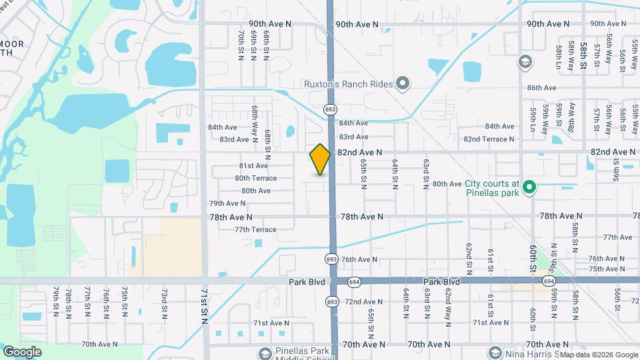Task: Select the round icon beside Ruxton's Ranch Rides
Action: [403, 83]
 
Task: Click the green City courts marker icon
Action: [529, 186]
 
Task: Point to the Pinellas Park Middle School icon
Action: [264, 353]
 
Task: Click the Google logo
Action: [22, 352]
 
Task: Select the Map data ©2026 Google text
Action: [598, 355]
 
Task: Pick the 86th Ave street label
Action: [541, 88]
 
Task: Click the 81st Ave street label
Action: [253, 165]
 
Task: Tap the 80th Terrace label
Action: [255, 178]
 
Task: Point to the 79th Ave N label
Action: [227, 203]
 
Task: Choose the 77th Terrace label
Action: [255, 229]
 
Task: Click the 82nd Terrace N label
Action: [489, 139]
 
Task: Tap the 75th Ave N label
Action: [605, 269]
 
